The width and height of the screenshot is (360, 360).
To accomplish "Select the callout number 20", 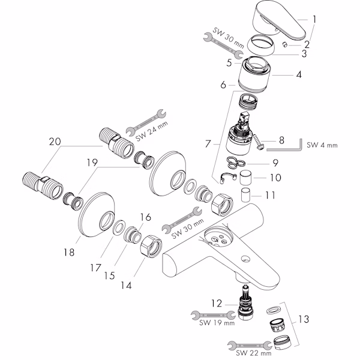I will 55,142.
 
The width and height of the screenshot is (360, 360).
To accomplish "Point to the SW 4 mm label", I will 322,145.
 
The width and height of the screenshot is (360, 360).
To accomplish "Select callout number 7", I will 208,144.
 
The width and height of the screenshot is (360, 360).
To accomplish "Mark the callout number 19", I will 91,163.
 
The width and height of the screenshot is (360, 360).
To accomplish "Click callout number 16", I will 145,218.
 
